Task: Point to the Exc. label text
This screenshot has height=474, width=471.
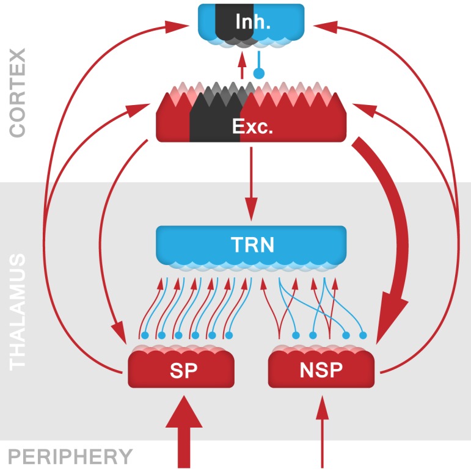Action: click(251, 127)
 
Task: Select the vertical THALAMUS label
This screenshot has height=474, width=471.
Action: click(18, 312)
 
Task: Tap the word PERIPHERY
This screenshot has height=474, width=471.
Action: click(70, 457)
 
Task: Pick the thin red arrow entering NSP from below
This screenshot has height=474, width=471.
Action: click(321, 434)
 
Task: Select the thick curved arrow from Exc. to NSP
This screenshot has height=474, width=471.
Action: click(398, 244)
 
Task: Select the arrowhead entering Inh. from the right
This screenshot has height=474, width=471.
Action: click(323, 26)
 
